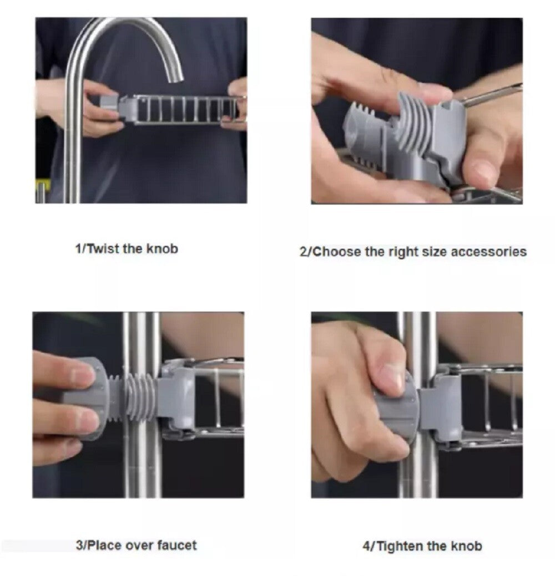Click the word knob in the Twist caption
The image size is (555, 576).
pyautogui.click(x=162, y=248)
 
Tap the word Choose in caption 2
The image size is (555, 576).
pyautogui.click(x=335, y=252)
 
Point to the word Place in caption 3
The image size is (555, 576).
pyautogui.click(x=105, y=545)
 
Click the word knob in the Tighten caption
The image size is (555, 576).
pyautogui.click(x=467, y=546)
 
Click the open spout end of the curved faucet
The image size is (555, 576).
pyautogui.click(x=174, y=78)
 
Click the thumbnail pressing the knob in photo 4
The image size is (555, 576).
pyautogui.click(x=392, y=377)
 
